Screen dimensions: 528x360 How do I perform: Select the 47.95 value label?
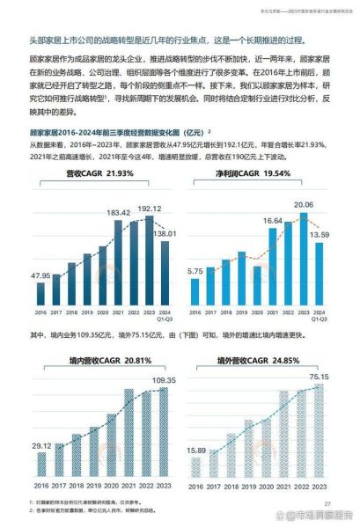click(x=41, y=276)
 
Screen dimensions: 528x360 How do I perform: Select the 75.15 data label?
click(x=318, y=378)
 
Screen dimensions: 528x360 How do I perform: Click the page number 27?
click(x=327, y=502)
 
